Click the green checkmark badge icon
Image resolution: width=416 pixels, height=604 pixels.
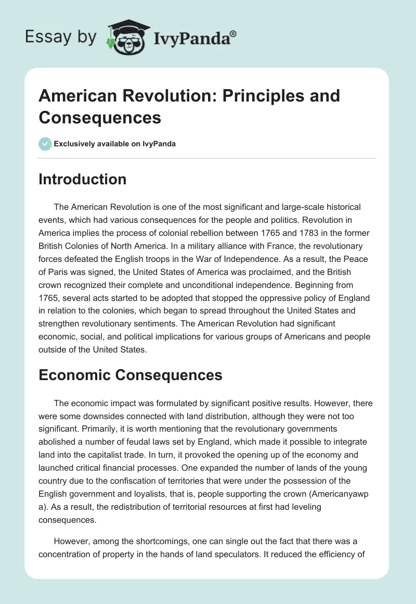(x=45, y=144)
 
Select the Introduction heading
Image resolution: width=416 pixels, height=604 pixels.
(x=82, y=180)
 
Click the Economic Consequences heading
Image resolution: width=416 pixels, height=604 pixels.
(x=131, y=375)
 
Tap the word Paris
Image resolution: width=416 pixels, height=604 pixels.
(x=62, y=270)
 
